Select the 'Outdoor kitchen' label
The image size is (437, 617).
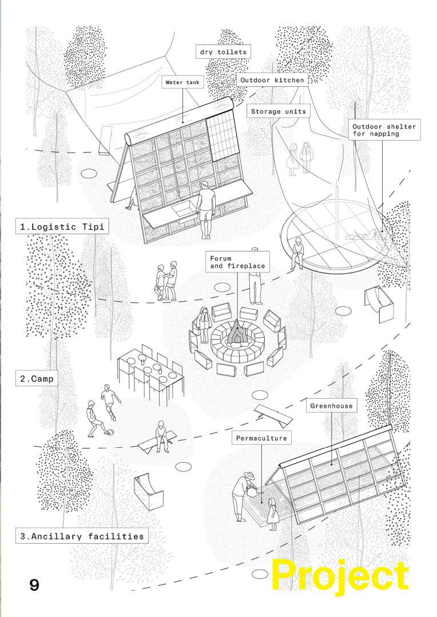pos(272,81)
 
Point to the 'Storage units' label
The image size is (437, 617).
pos(278,111)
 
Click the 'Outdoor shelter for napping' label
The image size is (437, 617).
pos(384,130)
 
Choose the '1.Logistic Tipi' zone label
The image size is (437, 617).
pos(62,227)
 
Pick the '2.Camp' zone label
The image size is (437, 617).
pos(37,378)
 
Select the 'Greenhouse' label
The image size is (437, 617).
pos(333,406)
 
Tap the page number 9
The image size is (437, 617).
pos(34,586)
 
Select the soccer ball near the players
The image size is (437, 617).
pos(110,432)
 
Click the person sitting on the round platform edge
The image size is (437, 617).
pos(297,252)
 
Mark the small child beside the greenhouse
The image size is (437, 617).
pos(272,513)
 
